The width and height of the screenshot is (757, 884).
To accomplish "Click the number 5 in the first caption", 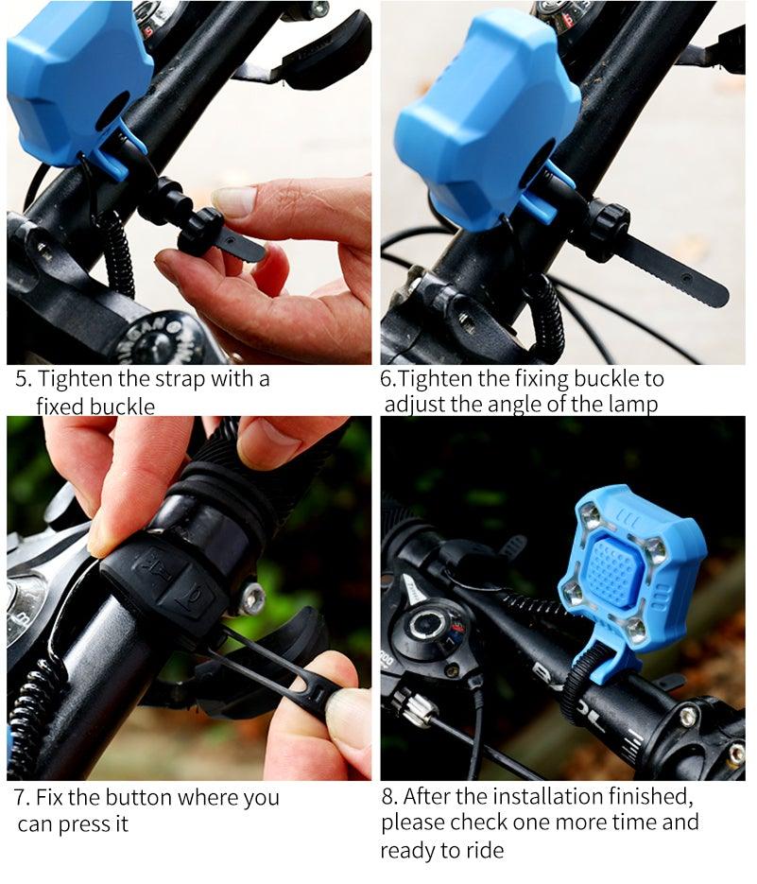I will coord(22,380).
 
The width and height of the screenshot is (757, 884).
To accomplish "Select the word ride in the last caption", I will coord(484,851).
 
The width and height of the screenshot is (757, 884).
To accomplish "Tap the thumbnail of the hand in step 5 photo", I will coord(233,201).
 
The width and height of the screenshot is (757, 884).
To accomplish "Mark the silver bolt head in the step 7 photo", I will coord(251,598).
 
